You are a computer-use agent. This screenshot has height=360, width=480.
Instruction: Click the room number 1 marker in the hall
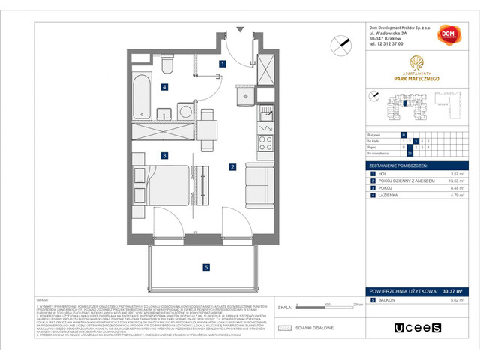pos(223,64)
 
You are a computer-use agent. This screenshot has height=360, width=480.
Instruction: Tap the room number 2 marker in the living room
pos(233,166)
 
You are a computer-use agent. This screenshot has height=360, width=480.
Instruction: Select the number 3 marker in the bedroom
pos(163,155)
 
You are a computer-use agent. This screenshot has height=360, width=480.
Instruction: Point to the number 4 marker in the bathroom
pos(163,87)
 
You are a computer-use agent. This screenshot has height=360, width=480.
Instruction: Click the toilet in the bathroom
pos(167,67)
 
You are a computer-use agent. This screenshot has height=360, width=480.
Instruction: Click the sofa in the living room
pos(263,179)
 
